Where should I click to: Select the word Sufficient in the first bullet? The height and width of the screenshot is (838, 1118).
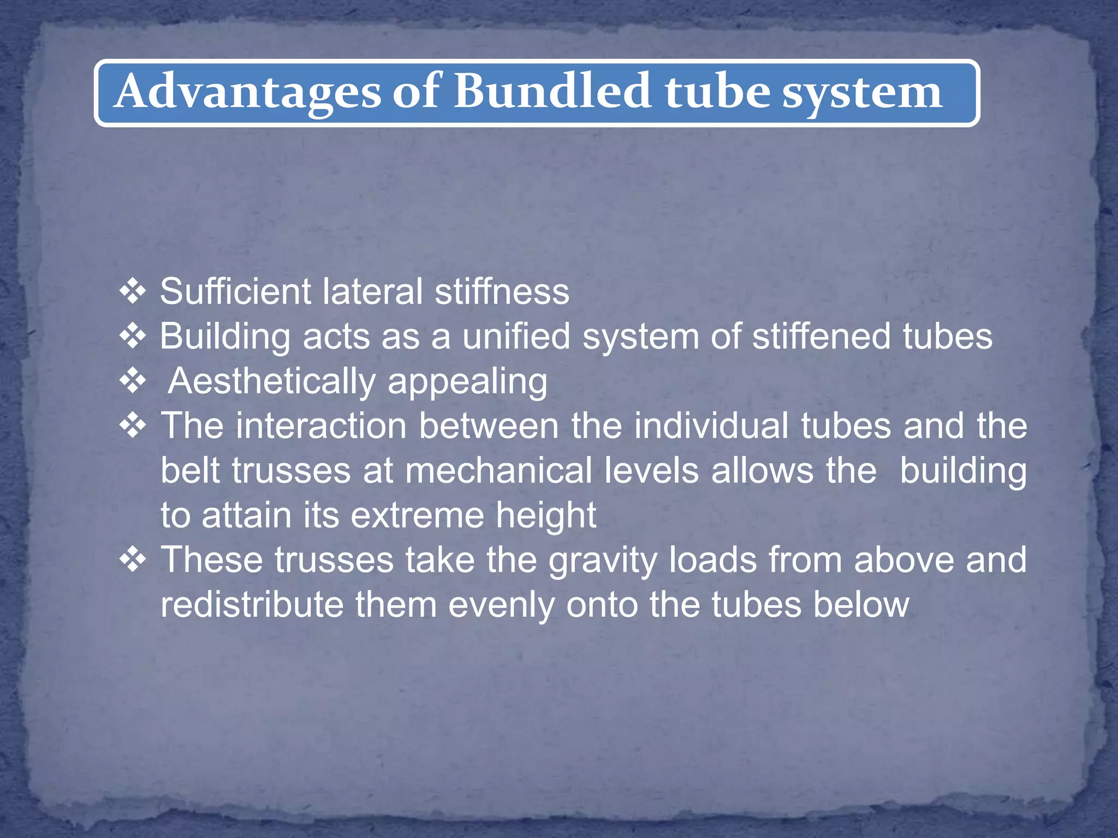click(x=235, y=291)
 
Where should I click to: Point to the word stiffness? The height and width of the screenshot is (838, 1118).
click(x=502, y=291)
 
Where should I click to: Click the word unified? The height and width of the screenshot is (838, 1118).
click(x=516, y=336)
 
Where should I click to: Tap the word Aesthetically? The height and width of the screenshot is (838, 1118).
click(x=272, y=381)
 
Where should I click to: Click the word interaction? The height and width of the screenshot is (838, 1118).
click(x=322, y=426)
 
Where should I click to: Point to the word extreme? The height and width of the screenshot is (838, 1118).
click(x=417, y=515)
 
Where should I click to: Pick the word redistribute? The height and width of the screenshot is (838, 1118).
click(x=252, y=604)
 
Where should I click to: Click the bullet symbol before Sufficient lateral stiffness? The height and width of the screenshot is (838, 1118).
click(x=133, y=291)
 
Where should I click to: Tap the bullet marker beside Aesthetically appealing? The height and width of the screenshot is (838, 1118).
click(x=133, y=381)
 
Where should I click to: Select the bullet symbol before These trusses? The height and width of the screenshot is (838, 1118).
click(x=133, y=560)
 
